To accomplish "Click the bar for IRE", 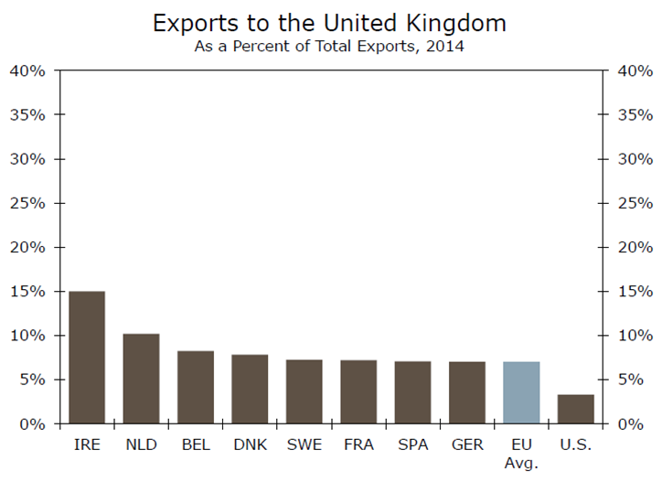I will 87,358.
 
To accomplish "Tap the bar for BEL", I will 196,387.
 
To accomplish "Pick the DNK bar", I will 250,389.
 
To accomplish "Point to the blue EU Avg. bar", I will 521,392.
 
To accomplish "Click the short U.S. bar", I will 576,409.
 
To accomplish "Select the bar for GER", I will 467,392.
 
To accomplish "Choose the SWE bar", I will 304,391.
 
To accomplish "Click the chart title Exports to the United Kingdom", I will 329,21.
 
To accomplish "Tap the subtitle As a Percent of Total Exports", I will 329,45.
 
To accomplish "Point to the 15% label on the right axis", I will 634,292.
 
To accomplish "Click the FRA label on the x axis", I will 358,445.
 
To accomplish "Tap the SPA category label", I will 412,445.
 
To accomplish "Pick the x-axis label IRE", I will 87,445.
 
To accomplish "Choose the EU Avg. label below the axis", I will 521,454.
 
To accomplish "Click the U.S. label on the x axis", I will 576,445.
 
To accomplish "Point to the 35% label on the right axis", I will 634,115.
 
